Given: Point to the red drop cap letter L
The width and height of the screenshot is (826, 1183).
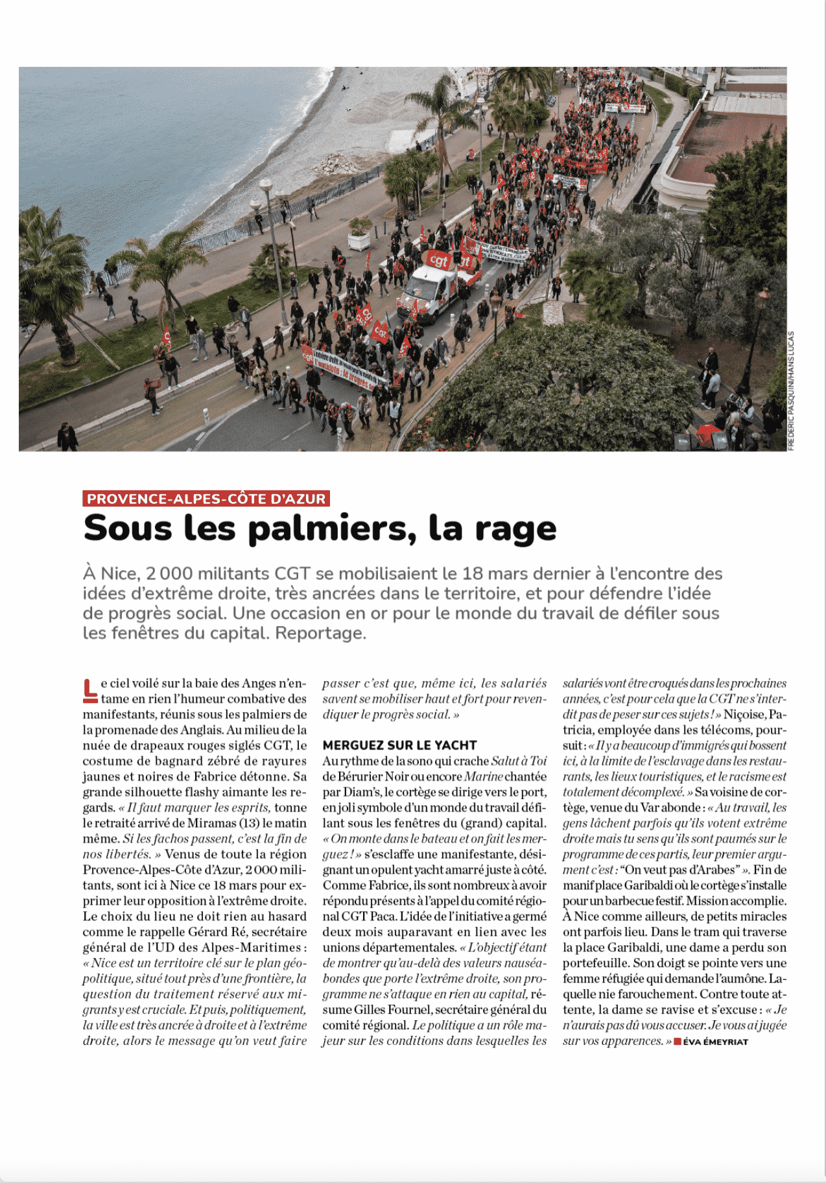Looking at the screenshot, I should (x=90, y=691).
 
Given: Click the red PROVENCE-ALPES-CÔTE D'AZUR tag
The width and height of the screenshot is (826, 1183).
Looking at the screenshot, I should (x=206, y=499).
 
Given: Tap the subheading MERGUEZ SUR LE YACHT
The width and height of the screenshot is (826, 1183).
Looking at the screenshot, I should (x=399, y=745).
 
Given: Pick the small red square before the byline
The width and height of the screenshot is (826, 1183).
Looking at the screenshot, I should (x=678, y=1042).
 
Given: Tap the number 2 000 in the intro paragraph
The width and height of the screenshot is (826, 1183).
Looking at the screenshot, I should (x=169, y=574).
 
